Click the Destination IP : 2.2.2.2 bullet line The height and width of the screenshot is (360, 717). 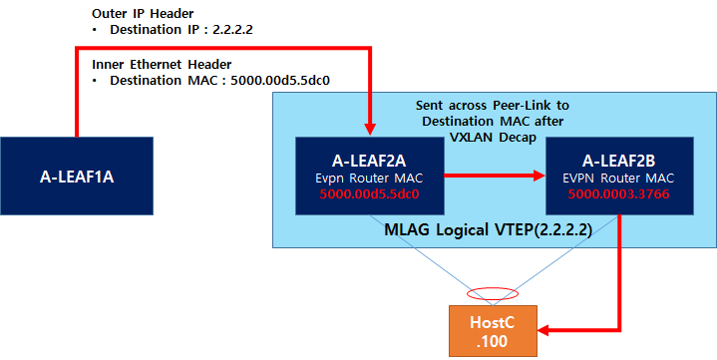point(176,31)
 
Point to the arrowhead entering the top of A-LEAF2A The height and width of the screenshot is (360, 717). point(369,126)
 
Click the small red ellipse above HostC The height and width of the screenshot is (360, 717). point(494,293)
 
